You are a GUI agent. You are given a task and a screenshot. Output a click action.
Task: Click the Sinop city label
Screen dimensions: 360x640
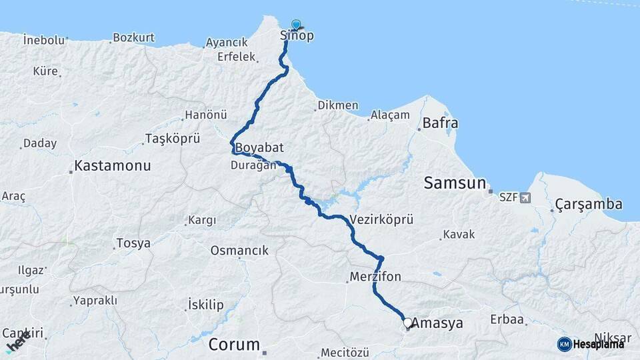point(297,36)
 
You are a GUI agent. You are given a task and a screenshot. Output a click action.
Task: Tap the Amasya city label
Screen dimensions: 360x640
point(437,323)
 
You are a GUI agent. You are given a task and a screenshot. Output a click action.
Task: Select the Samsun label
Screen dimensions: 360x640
point(455,183)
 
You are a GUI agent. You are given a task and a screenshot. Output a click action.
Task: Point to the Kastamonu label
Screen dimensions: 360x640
point(113,165)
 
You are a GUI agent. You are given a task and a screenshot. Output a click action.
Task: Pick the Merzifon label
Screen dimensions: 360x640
point(375,276)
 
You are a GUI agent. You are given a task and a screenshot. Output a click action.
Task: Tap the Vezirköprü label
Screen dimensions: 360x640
point(381,219)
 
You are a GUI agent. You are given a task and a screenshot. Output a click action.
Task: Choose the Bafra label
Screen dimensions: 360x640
point(440,123)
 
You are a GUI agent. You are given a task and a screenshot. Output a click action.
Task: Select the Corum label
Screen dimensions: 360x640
point(234,345)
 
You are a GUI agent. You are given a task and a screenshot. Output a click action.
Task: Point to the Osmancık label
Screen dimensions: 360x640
point(239,251)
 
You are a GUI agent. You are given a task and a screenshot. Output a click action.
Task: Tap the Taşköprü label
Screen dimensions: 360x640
point(173,139)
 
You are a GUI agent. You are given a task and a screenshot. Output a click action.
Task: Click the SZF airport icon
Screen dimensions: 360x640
point(525,197)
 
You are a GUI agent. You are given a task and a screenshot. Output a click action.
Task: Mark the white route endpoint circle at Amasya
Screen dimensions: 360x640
point(407,323)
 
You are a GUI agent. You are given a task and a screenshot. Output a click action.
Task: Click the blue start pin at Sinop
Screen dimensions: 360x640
point(296,25)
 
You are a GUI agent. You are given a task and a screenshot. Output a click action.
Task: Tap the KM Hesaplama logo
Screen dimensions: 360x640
point(591,344)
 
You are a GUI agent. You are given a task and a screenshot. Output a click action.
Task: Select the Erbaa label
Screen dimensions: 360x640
point(507,319)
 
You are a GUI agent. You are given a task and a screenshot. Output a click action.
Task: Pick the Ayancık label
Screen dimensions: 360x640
point(227,43)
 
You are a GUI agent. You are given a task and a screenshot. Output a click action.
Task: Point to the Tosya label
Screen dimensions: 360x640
point(133,243)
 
